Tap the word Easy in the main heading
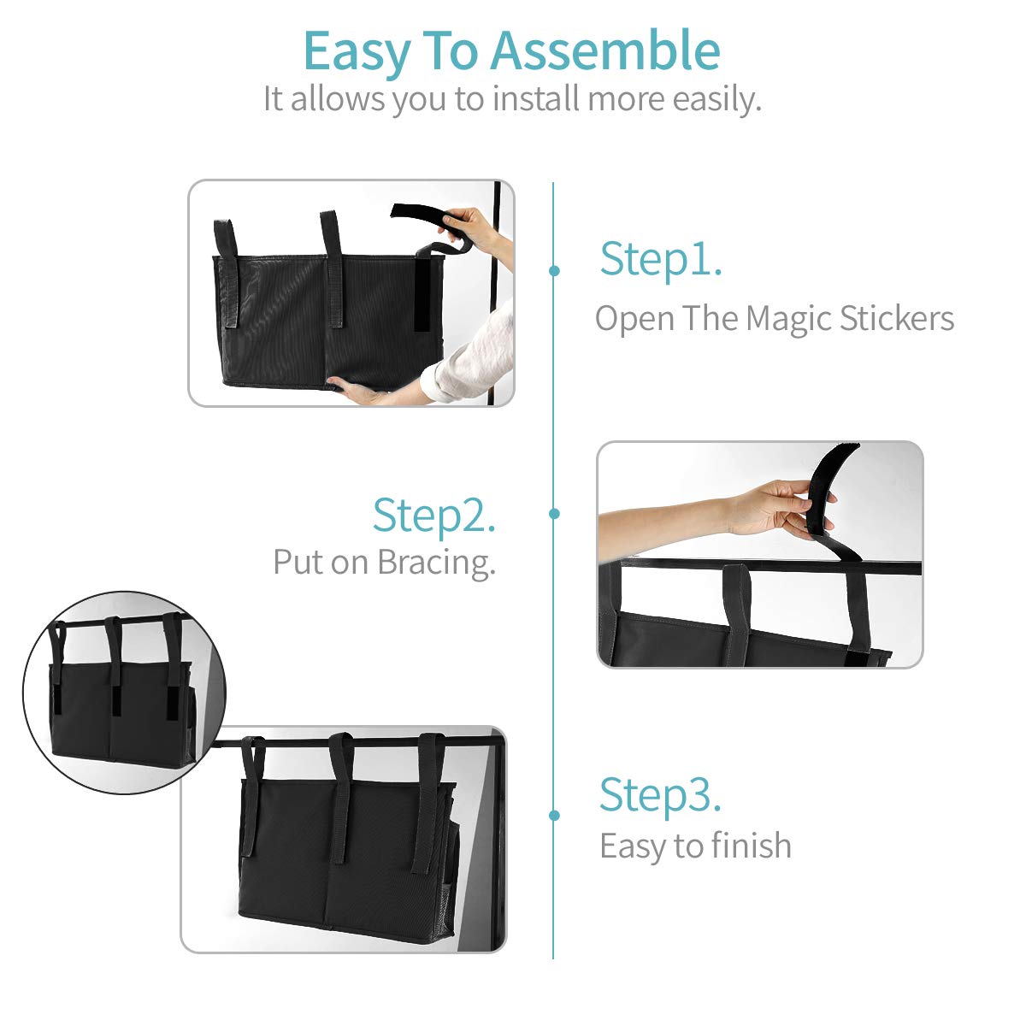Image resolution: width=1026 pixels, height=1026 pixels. pyautogui.click(x=357, y=55)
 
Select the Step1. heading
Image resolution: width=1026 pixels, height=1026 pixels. pyautogui.click(x=661, y=261)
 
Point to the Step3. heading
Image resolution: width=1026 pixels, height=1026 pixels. pyautogui.click(x=661, y=795)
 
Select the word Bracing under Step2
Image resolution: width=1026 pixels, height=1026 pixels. pyautogui.click(x=437, y=563)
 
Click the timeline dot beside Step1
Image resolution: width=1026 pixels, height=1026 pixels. pyautogui.click(x=554, y=270)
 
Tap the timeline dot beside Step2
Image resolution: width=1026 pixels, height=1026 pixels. pyautogui.click(x=554, y=513)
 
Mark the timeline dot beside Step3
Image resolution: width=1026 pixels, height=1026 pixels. pyautogui.click(x=554, y=815)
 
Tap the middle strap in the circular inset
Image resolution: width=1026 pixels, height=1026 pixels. pyautogui.click(x=114, y=665)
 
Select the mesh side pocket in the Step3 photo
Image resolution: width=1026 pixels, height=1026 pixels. pyautogui.click(x=449, y=873)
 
